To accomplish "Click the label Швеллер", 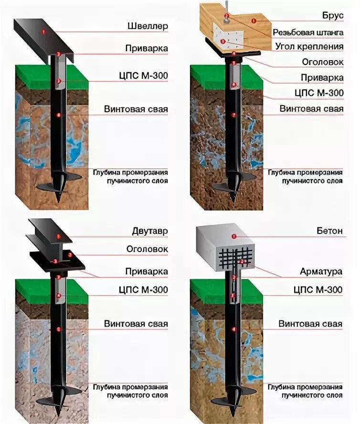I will click(148, 26).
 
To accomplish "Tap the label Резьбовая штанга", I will click(308, 32).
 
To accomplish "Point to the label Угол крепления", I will click(309, 46).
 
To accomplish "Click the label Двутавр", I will click(150, 232).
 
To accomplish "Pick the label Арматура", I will click(321, 272).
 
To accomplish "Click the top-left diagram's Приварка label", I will click(147, 49).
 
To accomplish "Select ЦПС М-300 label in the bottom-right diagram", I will click(317, 290).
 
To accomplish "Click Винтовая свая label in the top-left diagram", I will click(136, 109).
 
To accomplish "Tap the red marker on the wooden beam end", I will click(254, 21).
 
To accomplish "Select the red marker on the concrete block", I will click(234, 236).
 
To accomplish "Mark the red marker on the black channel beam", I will click(43, 32).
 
